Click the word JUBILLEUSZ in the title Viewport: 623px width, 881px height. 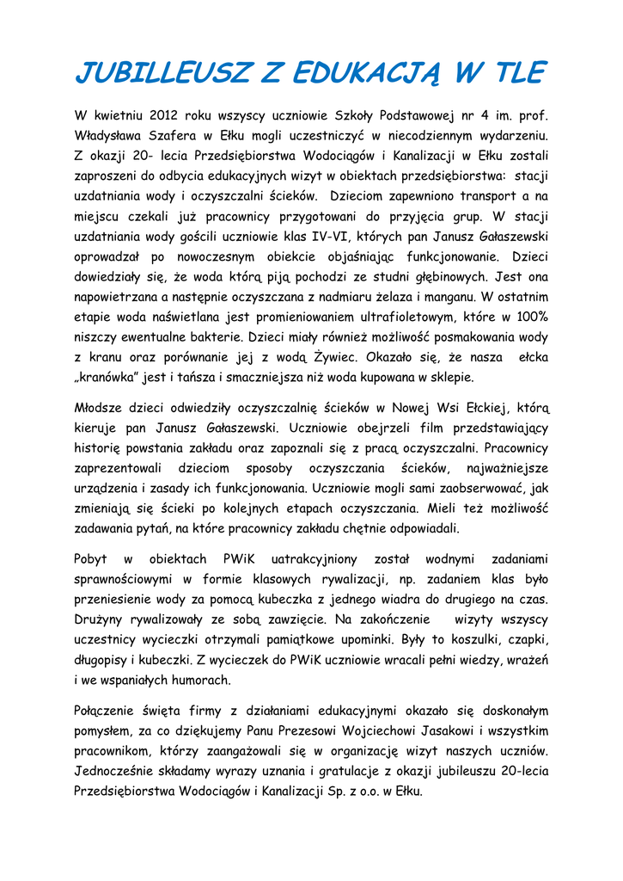[x=162, y=73]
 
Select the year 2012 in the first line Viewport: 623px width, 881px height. [x=163, y=114]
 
